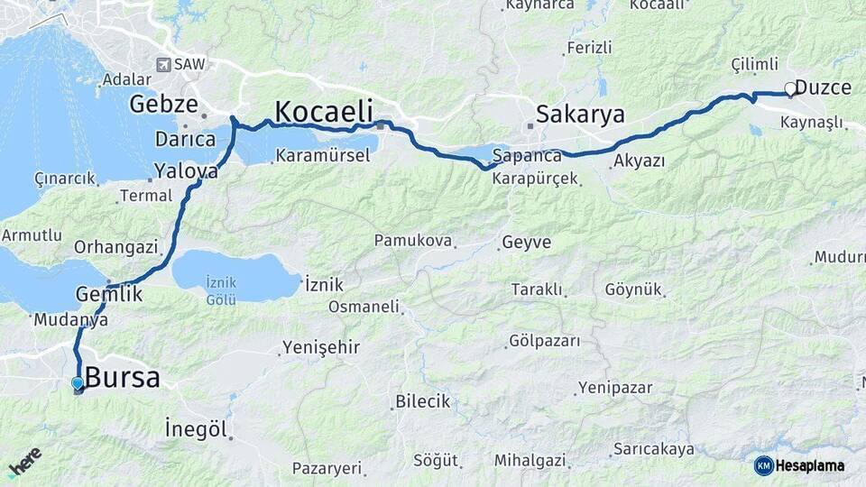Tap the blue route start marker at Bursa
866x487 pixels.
[78, 384]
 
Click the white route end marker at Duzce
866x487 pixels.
[790, 88]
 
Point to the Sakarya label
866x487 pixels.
[580, 114]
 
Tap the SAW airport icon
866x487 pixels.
[162, 64]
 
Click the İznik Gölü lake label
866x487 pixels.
[221, 290]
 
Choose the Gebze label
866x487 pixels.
[163, 104]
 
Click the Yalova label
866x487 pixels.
[186, 170]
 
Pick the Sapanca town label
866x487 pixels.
[528, 155]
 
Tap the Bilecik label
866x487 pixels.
[422, 401]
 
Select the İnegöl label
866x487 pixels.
[197, 428]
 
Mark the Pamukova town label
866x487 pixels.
[411, 241]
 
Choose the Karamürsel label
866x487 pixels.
[322, 155]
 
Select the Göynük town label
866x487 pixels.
[633, 289]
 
